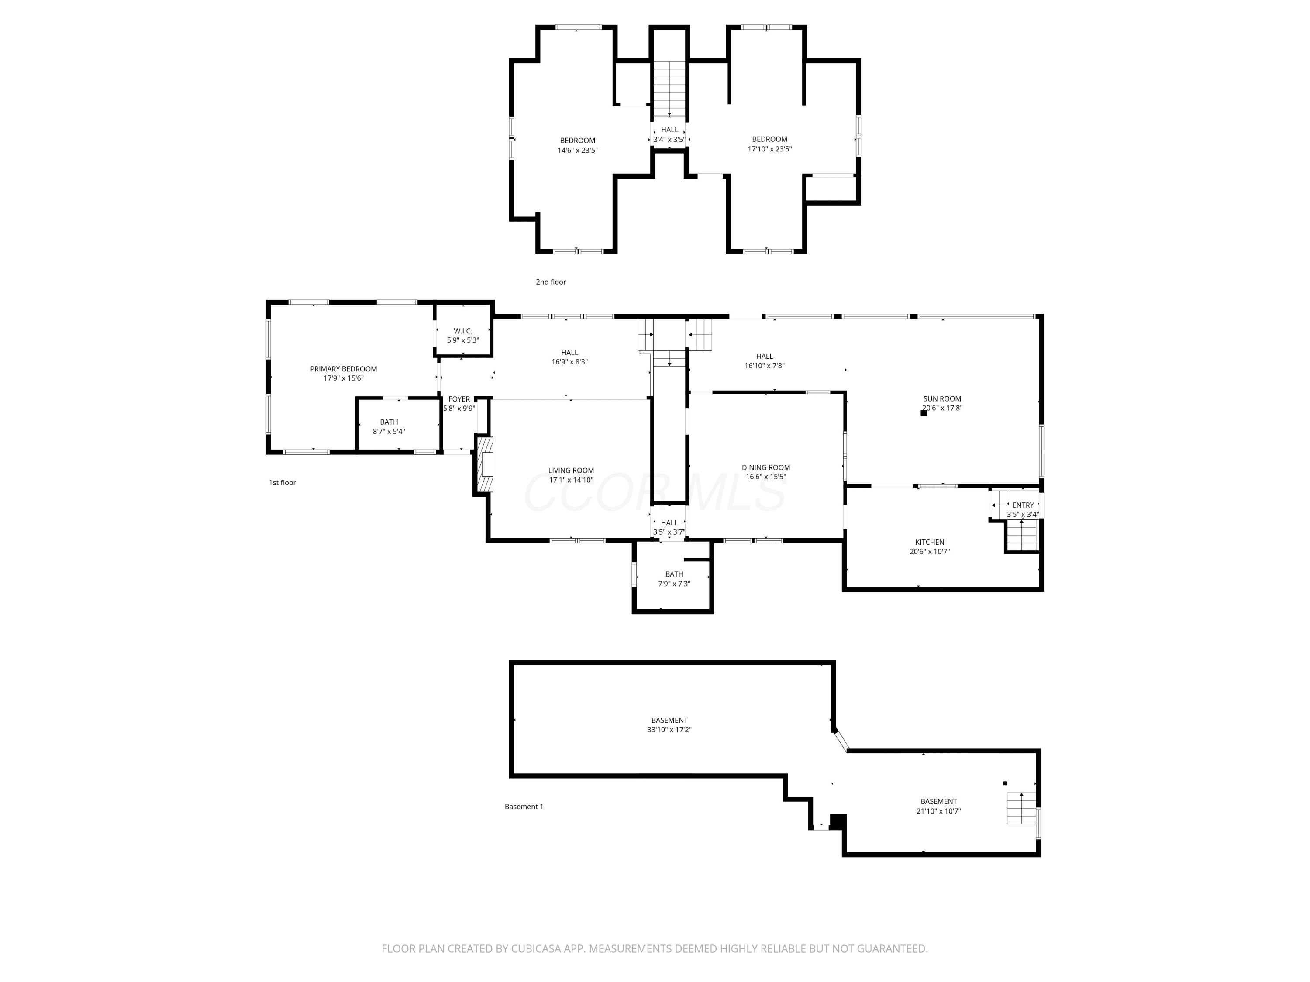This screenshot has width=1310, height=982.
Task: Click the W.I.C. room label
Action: pyautogui.click(x=462, y=331)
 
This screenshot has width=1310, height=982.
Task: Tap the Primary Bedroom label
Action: pyautogui.click(x=344, y=369)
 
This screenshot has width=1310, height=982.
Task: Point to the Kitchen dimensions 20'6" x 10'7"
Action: pyautogui.click(x=930, y=552)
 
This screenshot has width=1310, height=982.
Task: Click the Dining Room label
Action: pyautogui.click(x=766, y=467)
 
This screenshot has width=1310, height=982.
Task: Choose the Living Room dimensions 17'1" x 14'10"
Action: pyautogui.click(x=571, y=480)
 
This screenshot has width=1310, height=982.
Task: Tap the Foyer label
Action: pyautogui.click(x=459, y=399)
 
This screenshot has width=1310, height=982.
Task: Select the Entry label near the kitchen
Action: pyautogui.click(x=1023, y=505)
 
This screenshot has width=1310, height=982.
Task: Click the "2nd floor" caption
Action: pyautogui.click(x=551, y=282)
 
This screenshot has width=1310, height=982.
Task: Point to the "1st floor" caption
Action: pyautogui.click(x=283, y=482)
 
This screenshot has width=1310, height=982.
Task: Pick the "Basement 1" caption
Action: pyautogui.click(x=524, y=806)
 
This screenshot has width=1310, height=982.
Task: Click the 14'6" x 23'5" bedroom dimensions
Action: pyautogui.click(x=577, y=150)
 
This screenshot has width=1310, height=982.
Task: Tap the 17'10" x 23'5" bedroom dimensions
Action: pyautogui.click(x=770, y=149)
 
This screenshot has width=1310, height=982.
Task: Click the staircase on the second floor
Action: pyautogui.click(x=670, y=89)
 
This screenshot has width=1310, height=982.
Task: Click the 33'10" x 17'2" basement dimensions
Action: pyautogui.click(x=669, y=730)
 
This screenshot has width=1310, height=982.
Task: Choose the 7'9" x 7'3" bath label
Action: pyautogui.click(x=674, y=584)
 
